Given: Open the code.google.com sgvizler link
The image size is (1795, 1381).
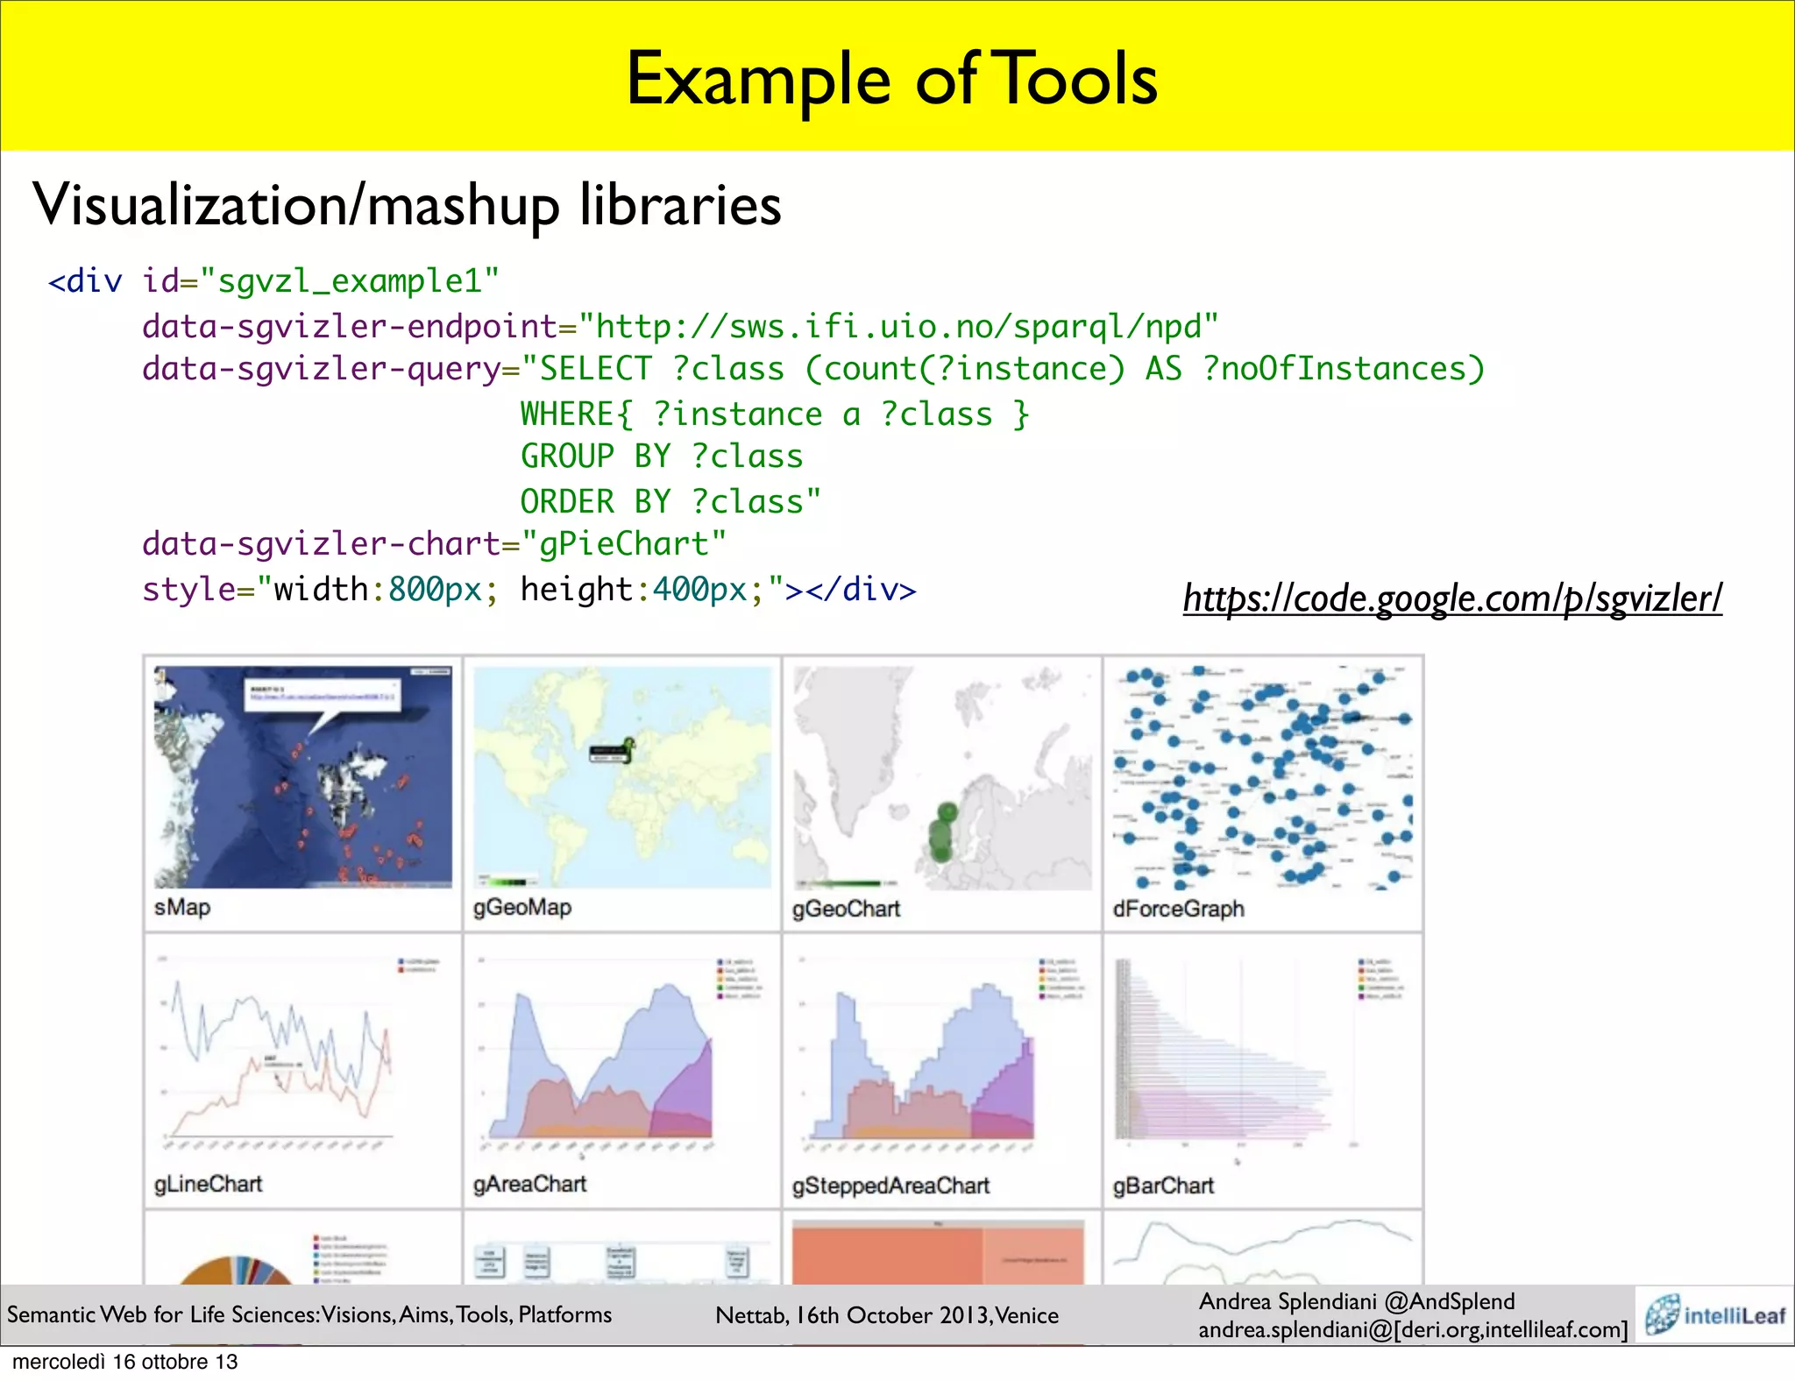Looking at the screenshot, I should [x=1451, y=598].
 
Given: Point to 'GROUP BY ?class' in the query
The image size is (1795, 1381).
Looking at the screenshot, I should [x=661, y=457].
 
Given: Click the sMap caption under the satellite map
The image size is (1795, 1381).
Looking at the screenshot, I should [x=182, y=907].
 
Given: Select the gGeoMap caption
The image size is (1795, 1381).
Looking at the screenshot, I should [x=521, y=907].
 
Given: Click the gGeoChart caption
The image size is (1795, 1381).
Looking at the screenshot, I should [x=846, y=909].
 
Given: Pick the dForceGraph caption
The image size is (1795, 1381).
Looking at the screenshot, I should [x=1178, y=909].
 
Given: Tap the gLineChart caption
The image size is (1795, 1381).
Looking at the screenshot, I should [x=208, y=1184].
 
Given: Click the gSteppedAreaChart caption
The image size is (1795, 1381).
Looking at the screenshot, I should [x=890, y=1186].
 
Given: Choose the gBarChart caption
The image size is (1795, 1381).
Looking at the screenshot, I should [x=1163, y=1186].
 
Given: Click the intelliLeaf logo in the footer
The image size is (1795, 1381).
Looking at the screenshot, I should [x=1715, y=1314].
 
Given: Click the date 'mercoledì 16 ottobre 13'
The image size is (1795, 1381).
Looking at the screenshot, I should [x=124, y=1362].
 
